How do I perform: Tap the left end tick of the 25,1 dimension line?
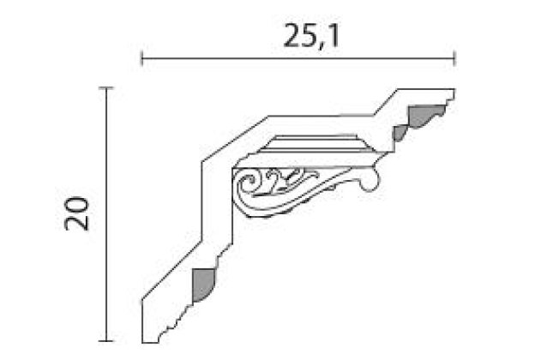[141, 58]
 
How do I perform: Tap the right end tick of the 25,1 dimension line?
[454, 58]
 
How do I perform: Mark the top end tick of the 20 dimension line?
[106, 88]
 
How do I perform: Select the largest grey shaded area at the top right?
[426, 115]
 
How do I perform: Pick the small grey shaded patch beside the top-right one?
[399, 133]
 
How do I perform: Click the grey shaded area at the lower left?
[203, 285]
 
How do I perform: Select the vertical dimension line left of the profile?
[106, 214]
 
